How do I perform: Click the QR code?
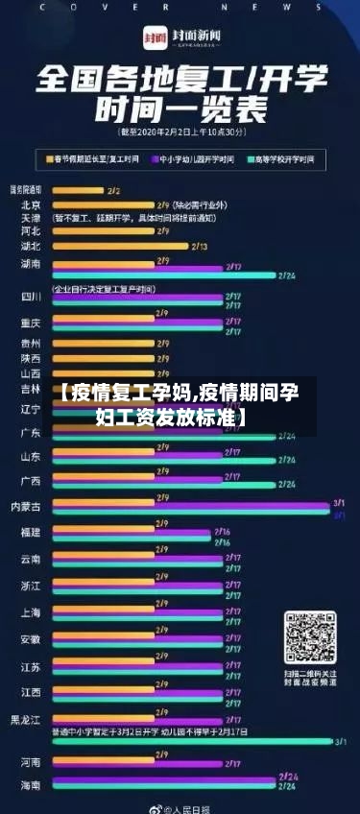(x=310, y=637)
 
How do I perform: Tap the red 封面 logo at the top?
(x=155, y=37)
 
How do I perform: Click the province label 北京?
(x=31, y=204)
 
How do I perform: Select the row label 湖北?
(x=31, y=246)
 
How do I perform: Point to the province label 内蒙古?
(x=26, y=505)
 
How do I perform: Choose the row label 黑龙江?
(x=26, y=718)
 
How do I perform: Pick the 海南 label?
(x=31, y=785)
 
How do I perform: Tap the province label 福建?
(x=31, y=532)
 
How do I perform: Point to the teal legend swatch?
(x=252, y=157)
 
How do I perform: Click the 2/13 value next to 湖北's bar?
(x=200, y=247)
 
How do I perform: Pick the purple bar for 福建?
(x=130, y=532)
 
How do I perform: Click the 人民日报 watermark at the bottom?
(x=187, y=808)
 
